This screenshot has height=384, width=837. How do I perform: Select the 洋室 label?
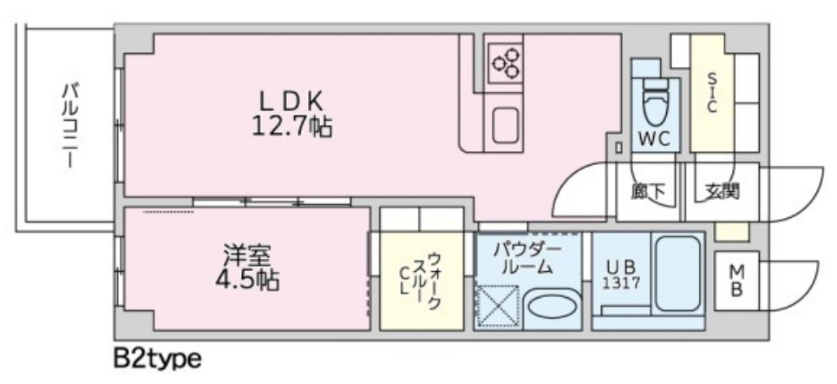(x=247, y=256)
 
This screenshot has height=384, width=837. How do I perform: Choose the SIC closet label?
(x=710, y=91)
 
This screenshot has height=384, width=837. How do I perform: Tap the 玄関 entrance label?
(x=722, y=190)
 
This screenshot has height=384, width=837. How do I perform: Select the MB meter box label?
(x=735, y=281)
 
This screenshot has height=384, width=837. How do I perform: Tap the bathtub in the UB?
(x=678, y=278)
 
